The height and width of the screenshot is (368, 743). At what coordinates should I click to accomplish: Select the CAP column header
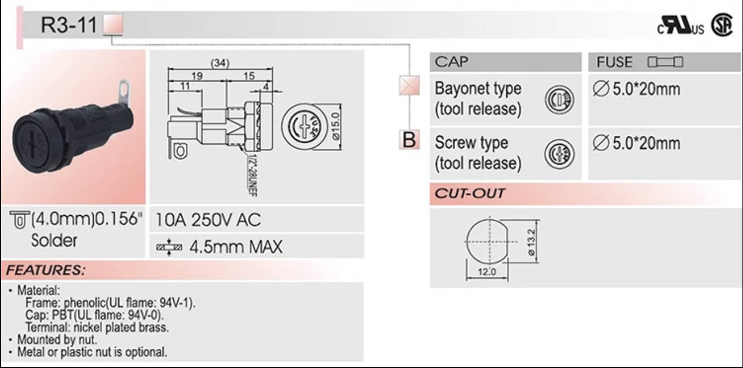452,61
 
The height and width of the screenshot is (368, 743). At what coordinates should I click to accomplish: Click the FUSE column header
615,62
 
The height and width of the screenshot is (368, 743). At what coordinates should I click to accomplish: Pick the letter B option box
408,139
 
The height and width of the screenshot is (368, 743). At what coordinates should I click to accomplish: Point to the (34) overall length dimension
220,64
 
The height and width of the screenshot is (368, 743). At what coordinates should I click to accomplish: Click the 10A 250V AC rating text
208,220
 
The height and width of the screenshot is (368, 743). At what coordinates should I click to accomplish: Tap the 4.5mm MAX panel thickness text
235,246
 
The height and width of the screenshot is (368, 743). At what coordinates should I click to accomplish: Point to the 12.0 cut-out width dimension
487,272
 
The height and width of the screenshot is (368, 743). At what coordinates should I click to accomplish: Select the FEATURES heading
46,271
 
